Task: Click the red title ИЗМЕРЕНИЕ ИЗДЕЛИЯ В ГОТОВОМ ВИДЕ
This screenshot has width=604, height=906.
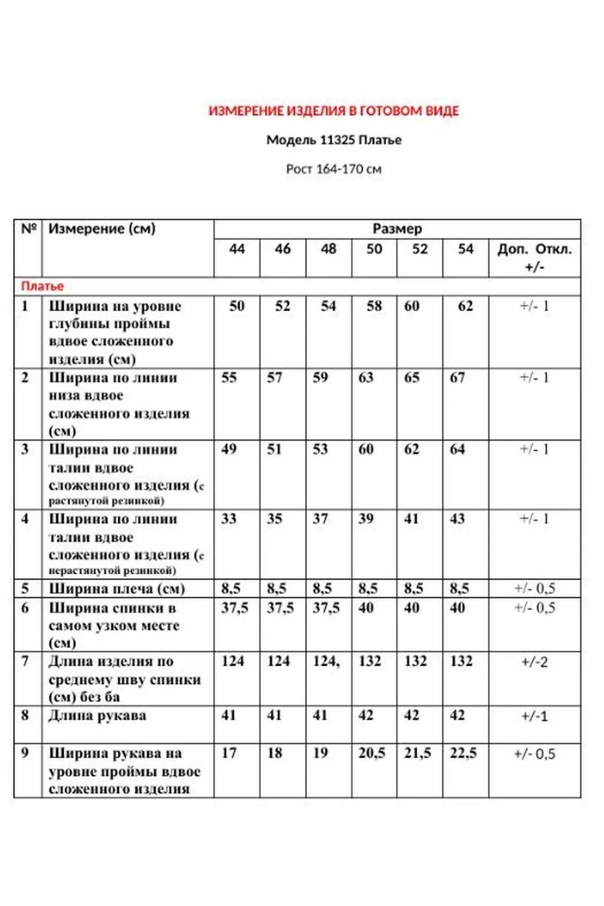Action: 333,111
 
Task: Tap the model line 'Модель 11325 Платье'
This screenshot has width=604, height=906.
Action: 333,140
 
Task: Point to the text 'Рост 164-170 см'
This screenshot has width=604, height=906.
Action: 333,169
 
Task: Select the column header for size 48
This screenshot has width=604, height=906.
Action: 329,249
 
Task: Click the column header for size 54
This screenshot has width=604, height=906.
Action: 465,249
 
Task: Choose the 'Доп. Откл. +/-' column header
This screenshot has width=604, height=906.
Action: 535,257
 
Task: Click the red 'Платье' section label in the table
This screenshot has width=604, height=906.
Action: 42,286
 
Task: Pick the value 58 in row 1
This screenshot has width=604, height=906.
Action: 374,306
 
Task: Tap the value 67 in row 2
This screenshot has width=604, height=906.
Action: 457,378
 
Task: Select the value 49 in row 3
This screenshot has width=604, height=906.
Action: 229,449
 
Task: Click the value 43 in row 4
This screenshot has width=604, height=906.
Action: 457,519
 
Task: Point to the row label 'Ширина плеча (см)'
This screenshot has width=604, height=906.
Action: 116,589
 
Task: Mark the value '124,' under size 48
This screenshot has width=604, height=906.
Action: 326,661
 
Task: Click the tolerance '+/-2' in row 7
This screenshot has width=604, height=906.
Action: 535,662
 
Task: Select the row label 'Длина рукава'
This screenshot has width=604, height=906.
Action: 97,716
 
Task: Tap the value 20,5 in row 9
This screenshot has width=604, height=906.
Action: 372,753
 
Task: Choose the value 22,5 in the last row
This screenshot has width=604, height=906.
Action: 463,753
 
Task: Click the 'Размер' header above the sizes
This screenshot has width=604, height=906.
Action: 397,229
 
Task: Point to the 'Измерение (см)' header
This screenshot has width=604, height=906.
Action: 102,229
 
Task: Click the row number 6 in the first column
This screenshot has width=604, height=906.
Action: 25,608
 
